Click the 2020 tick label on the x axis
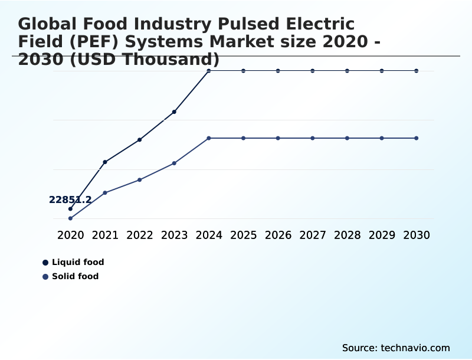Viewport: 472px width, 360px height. (x=70, y=235)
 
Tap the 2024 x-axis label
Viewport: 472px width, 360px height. (x=209, y=235)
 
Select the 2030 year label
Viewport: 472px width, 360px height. (x=417, y=235)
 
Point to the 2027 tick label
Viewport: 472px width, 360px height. (x=313, y=235)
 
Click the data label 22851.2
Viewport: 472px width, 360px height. (x=70, y=200)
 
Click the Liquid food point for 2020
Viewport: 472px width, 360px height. (x=70, y=209)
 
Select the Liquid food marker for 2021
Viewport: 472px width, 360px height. (x=105, y=162)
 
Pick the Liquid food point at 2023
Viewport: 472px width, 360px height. (x=174, y=112)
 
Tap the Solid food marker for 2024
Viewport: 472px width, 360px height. (x=209, y=138)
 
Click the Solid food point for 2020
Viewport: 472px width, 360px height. (x=70, y=218)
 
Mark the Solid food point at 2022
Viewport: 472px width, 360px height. (x=140, y=179)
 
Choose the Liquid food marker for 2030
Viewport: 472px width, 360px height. (x=417, y=71)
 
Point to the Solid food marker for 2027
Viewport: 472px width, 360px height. (x=313, y=138)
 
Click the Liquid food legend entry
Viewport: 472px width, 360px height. (x=77, y=262)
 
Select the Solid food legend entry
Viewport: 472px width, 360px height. (x=75, y=276)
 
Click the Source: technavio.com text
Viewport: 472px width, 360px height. (x=396, y=348)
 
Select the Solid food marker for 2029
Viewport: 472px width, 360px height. (x=382, y=138)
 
